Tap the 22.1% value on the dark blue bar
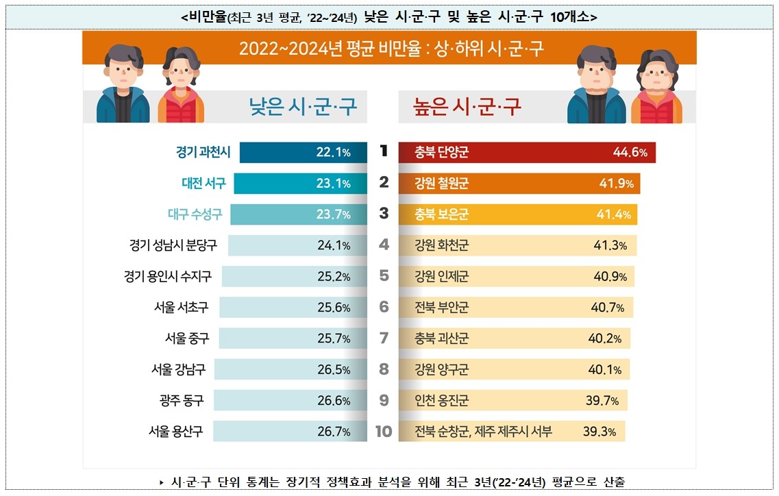coord(333,152)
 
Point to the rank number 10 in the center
coord(384,432)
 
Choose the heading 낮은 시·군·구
coord(303,107)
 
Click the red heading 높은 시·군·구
coord(467,107)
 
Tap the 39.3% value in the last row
coord(599,432)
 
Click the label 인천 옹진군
coord(442,401)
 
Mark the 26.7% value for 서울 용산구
coord(333,432)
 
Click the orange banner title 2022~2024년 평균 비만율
coord(391,49)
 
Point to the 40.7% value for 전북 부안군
coord(607,308)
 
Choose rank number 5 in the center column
coord(384,276)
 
